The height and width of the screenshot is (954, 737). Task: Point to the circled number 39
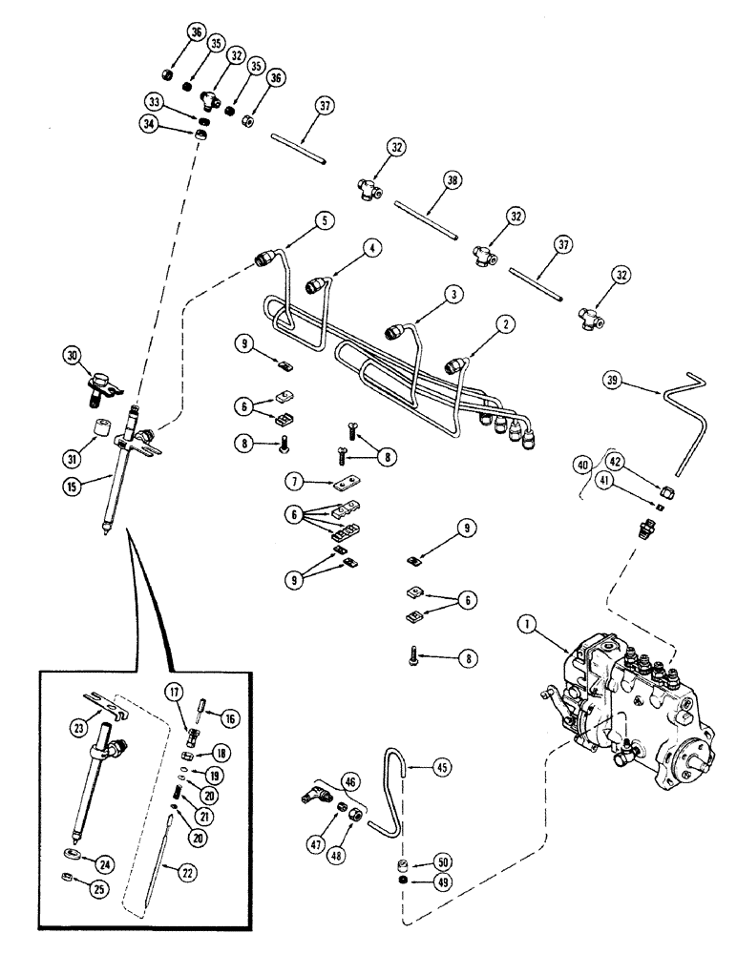point(613,381)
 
